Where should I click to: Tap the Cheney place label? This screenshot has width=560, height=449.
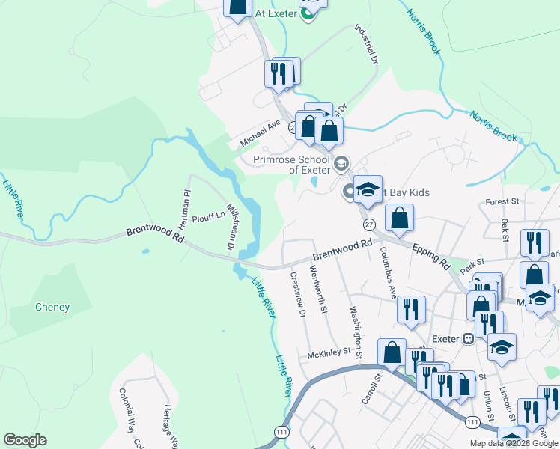pos(52,307)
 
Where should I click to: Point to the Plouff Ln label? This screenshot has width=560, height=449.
pos(208,216)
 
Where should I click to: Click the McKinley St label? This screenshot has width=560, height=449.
pos(329,356)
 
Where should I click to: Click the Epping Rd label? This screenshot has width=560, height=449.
pos(434,260)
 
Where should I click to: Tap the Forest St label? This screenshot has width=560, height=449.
pos(502,201)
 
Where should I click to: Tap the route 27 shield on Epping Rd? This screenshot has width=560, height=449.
pos(369,224)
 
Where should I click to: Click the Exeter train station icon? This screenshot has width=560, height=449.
pos(469,338)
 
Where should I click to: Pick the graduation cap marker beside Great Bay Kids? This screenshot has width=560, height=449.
pos(368,189)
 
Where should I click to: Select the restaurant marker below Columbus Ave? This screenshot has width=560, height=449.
pos(411,309)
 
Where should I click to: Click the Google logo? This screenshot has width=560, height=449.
pos(25,440)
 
